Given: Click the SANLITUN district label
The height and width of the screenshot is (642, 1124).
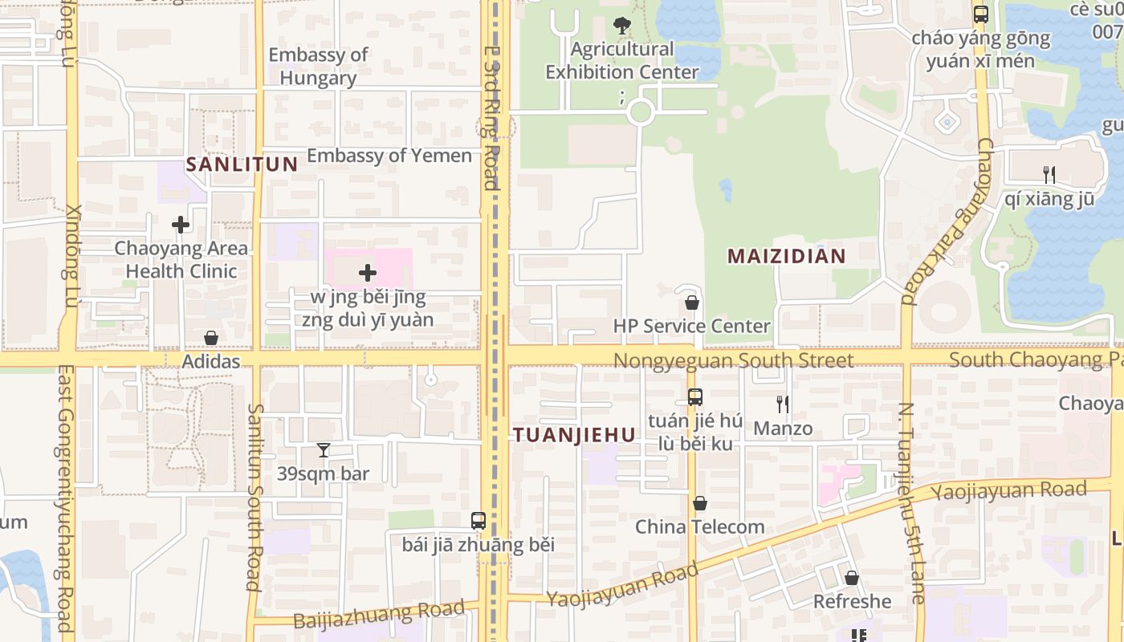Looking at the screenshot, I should pos(242,165).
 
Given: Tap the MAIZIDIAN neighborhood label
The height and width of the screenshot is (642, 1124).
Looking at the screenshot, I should pos(786,256).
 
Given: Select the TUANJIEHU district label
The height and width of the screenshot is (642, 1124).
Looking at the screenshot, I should pos(574,435).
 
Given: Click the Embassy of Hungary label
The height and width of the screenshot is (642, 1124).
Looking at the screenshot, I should pos(318,67).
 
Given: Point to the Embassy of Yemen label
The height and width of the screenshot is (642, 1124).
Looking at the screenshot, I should pos(389,156).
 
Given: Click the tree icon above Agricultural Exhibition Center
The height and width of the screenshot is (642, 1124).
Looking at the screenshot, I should pos(621,26).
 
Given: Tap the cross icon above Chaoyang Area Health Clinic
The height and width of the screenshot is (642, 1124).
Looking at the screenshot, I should pos(181,225).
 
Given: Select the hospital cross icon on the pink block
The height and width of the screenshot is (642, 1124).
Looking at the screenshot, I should pos(368,273).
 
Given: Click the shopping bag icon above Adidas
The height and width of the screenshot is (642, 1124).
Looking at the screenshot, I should pos(211,338).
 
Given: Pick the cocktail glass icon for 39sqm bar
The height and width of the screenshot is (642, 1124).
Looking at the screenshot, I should pos(323,450).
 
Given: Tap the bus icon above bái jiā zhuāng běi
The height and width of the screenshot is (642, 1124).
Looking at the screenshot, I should pos(479,520).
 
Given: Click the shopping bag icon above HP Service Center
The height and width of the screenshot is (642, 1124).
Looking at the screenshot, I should pos(691,303).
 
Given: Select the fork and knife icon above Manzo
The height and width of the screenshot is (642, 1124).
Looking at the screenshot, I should pos(783,404).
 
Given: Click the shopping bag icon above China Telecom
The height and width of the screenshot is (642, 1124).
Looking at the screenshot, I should pos(700,503).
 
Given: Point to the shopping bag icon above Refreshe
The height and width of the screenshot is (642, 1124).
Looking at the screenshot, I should pos(852,578).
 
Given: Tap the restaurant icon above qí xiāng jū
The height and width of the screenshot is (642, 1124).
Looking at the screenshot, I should pos(1048,174).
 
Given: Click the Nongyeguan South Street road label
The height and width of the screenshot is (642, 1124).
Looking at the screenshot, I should pos(733,360).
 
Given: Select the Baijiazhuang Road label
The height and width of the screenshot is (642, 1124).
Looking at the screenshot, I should pos(379,614).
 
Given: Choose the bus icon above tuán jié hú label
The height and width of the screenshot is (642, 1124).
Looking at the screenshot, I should pos(694,396).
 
